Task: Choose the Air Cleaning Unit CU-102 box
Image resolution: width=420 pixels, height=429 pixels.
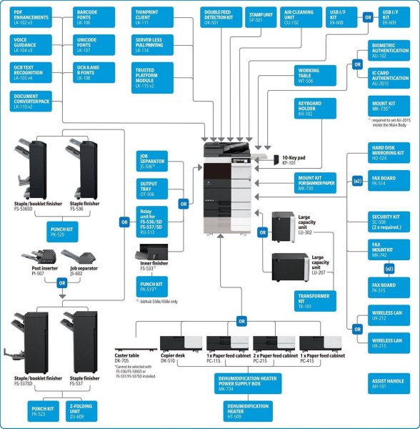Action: (300, 17)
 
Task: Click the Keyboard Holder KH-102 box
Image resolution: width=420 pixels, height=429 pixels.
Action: (315, 109)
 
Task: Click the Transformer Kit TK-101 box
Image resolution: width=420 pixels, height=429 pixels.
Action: (315, 300)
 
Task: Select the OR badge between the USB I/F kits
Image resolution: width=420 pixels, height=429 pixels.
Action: (368, 15)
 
